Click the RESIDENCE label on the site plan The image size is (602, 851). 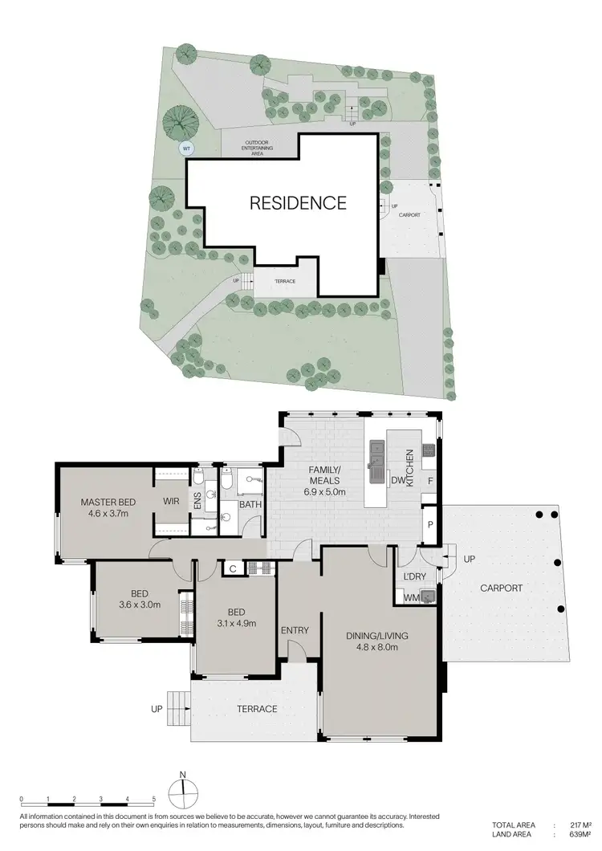click(x=298, y=203)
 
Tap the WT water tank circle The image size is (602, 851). click(x=186, y=149)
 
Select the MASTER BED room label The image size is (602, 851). click(x=108, y=503)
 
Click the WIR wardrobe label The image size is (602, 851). click(x=171, y=502)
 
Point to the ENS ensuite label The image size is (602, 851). click(x=197, y=502)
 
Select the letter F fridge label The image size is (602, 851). click(x=429, y=482)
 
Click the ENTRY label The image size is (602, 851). click(x=295, y=630)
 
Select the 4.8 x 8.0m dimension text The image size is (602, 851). click(x=377, y=648)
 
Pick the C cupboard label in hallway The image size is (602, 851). click(x=233, y=568)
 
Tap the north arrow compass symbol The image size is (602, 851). click(x=183, y=792)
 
